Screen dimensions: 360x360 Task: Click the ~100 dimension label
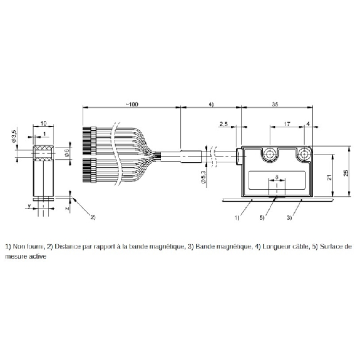tap(131, 104)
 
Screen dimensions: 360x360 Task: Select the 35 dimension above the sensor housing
tap(275, 104)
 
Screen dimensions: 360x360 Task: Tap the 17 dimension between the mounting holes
tap(287, 124)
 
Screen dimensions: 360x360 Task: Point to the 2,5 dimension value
tap(224, 124)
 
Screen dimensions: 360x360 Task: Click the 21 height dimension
tap(329, 177)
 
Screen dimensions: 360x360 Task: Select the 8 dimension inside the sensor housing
tap(277, 177)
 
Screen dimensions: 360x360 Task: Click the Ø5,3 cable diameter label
tap(203, 177)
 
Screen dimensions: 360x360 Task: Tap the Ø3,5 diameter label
tap(14, 136)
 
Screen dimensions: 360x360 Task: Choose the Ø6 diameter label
tap(67, 153)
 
